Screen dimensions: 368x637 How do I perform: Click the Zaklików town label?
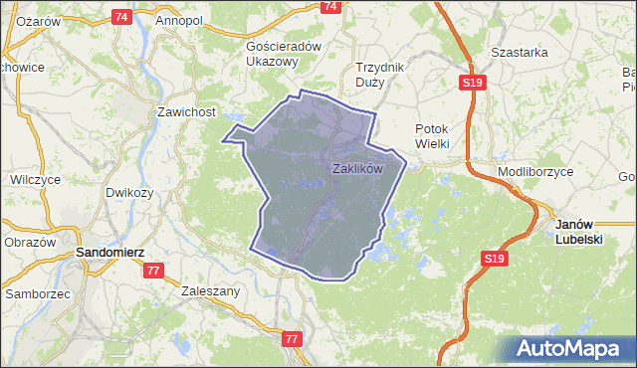point(357,169)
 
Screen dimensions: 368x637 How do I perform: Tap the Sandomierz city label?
point(111,254)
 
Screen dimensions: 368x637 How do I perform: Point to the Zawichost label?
point(187,112)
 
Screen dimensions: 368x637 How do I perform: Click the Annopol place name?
point(179,20)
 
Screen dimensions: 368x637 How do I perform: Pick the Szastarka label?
point(521,52)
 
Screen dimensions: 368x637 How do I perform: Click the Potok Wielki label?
point(433,136)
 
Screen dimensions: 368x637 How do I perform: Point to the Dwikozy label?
point(129,193)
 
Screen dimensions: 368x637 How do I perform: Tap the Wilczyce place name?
point(36,180)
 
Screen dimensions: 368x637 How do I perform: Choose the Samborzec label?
point(37,294)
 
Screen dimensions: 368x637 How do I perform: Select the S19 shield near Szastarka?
point(474,83)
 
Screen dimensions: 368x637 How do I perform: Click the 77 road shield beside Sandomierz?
point(153,271)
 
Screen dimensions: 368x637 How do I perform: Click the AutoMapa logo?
point(570,348)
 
